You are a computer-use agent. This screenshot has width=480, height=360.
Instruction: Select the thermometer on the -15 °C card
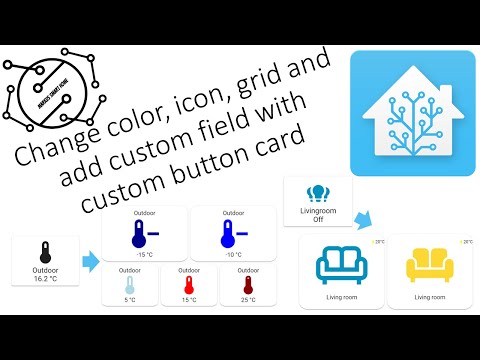pos(141,234)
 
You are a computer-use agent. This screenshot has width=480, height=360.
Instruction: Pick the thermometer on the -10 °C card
pos(230,234)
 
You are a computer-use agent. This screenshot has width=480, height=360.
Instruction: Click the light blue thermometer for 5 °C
pos(130,284)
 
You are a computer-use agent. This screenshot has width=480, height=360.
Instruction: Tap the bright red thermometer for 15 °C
pos(187,284)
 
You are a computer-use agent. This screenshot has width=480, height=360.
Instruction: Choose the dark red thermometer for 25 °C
pos(246,284)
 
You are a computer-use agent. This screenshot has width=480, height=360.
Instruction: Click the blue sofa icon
pos(341,268)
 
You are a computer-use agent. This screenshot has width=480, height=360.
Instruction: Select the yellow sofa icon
pos(429,268)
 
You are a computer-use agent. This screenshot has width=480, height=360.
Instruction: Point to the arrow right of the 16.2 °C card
pos(90,262)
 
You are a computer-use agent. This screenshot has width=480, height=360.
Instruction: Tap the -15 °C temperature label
pos(145,254)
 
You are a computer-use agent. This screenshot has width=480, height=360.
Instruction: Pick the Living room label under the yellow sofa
pos(429,297)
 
